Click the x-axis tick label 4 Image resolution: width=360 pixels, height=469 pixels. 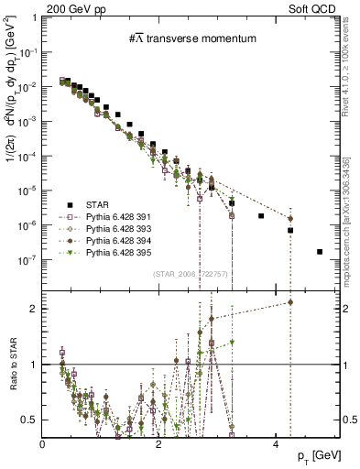pos(276,443)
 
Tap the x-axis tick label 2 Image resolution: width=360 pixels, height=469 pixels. pos(159,443)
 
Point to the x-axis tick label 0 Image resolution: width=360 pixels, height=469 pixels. pos(43,443)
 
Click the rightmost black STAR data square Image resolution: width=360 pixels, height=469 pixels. pos(319,251)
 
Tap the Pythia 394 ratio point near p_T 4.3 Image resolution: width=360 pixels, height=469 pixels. pos(290,301)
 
